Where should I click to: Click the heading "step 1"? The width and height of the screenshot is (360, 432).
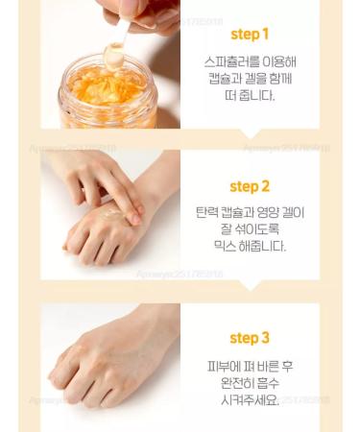coord(250,35)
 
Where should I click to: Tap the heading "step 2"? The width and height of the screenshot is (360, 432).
coord(250,186)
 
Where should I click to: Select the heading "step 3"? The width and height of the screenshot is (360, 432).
coord(250,338)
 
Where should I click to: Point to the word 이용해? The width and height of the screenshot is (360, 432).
coord(276,60)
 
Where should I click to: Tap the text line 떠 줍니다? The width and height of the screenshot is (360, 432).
coord(250,96)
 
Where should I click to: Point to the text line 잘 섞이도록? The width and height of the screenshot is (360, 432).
coord(250,228)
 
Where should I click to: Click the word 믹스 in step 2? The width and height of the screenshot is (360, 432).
coord(225,247)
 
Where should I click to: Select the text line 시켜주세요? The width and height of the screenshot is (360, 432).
coord(250,398)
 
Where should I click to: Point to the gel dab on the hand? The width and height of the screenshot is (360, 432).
coord(112,207)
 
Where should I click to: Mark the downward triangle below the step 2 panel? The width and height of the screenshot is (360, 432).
coord(250,286)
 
